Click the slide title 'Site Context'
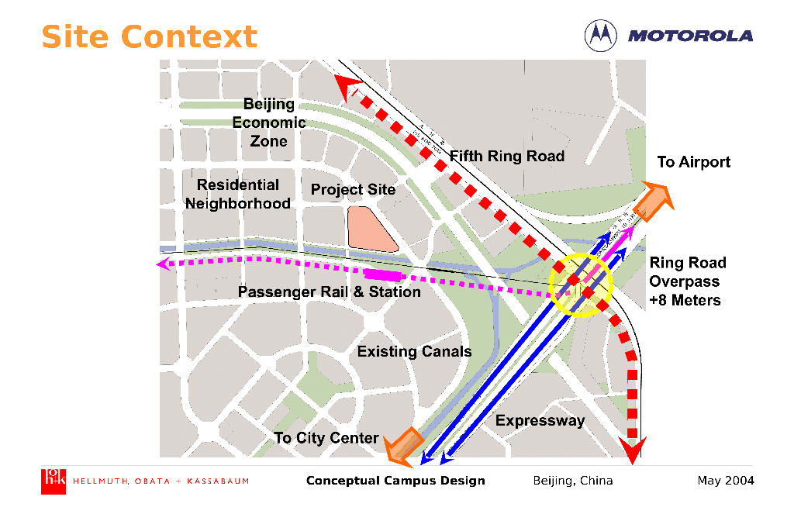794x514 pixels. [149, 36]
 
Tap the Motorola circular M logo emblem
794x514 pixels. [600, 35]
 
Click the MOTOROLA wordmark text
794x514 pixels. [690, 36]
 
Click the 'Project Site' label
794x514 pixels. [353, 190]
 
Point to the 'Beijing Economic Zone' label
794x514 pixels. [269, 122]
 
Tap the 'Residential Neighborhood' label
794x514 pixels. [238, 194]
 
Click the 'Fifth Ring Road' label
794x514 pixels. [507, 156]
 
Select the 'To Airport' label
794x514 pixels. [694, 162]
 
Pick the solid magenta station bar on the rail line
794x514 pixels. [383, 274]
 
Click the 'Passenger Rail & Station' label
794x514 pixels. [329, 292]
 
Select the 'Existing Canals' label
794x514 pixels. [414, 351]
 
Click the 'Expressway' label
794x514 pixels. [540, 421]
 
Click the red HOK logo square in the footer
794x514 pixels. [54, 481]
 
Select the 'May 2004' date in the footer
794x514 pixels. [725, 481]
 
